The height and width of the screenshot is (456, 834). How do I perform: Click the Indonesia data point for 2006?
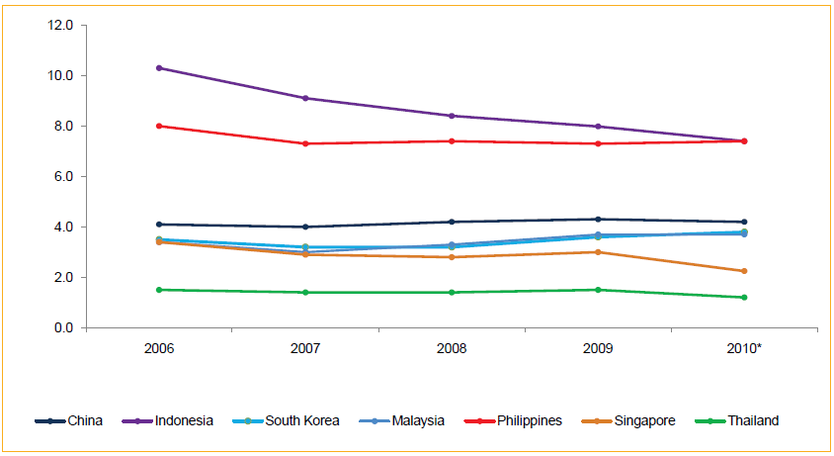(x=158, y=68)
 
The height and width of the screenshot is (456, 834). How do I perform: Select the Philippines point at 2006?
(x=158, y=126)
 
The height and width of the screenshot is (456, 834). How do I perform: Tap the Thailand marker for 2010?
(x=743, y=298)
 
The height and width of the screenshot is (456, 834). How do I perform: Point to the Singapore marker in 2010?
(x=743, y=271)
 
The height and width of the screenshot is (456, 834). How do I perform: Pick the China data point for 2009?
(x=597, y=220)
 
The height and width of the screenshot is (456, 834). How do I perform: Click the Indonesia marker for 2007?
(x=304, y=98)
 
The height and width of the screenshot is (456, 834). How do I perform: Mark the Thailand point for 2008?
(x=451, y=293)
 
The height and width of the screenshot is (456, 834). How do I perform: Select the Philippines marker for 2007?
(x=304, y=143)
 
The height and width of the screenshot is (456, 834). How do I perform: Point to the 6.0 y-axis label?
(x=63, y=176)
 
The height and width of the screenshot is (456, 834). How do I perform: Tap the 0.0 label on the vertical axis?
(x=63, y=327)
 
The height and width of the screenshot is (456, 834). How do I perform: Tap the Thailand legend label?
(x=753, y=420)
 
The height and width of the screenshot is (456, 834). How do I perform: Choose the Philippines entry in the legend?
(x=527, y=420)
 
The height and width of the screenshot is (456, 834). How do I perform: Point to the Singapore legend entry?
(x=643, y=420)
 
